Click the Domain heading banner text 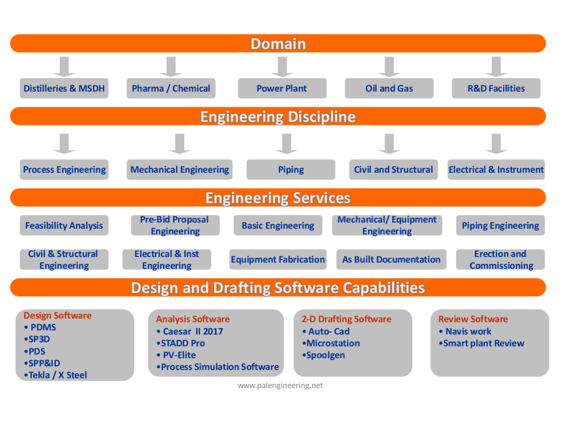pyautogui.click(x=278, y=44)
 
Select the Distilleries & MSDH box pyautogui.click(x=64, y=88)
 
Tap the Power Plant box pyautogui.click(x=282, y=88)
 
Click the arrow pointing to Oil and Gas pyautogui.click(x=389, y=67)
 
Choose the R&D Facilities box pyautogui.click(x=496, y=88)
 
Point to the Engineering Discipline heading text pyautogui.click(x=278, y=116)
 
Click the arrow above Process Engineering pyautogui.click(x=64, y=143)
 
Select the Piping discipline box pyautogui.click(x=291, y=170)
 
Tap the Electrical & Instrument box pyautogui.click(x=496, y=170)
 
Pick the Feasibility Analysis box pyautogui.click(x=64, y=225)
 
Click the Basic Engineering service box pyautogui.click(x=278, y=225)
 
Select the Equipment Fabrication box pyautogui.click(x=278, y=260)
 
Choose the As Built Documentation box pyautogui.click(x=391, y=260)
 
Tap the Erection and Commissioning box pyautogui.click(x=500, y=260)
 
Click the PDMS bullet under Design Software pyautogui.click(x=43, y=327)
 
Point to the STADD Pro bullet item pyautogui.click(x=183, y=343)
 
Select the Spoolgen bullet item pyautogui.click(x=325, y=355)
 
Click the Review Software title pyautogui.click(x=473, y=319)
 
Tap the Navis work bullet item pyautogui.click(x=468, y=331)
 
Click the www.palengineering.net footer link pyautogui.click(x=280, y=385)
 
